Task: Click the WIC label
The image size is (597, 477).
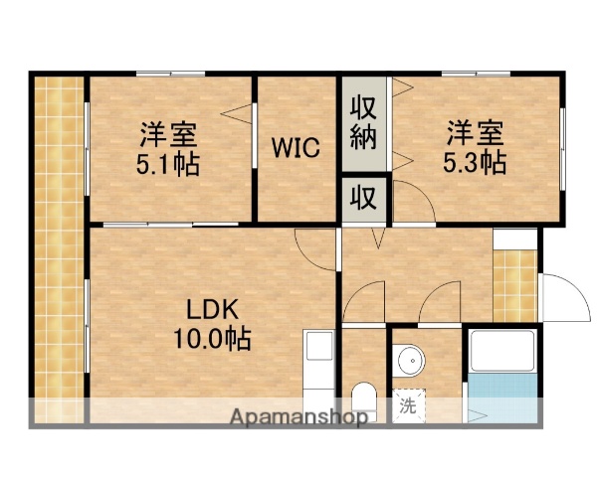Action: [x=297, y=150]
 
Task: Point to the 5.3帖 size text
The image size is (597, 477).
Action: [x=475, y=161]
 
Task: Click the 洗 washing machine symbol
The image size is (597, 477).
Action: [x=407, y=405]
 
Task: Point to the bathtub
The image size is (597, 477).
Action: [x=503, y=355]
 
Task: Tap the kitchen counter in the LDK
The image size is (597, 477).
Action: [x=319, y=374]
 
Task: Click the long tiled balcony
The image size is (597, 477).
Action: [x=57, y=248]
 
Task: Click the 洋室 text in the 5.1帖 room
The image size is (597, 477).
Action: [x=168, y=132]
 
